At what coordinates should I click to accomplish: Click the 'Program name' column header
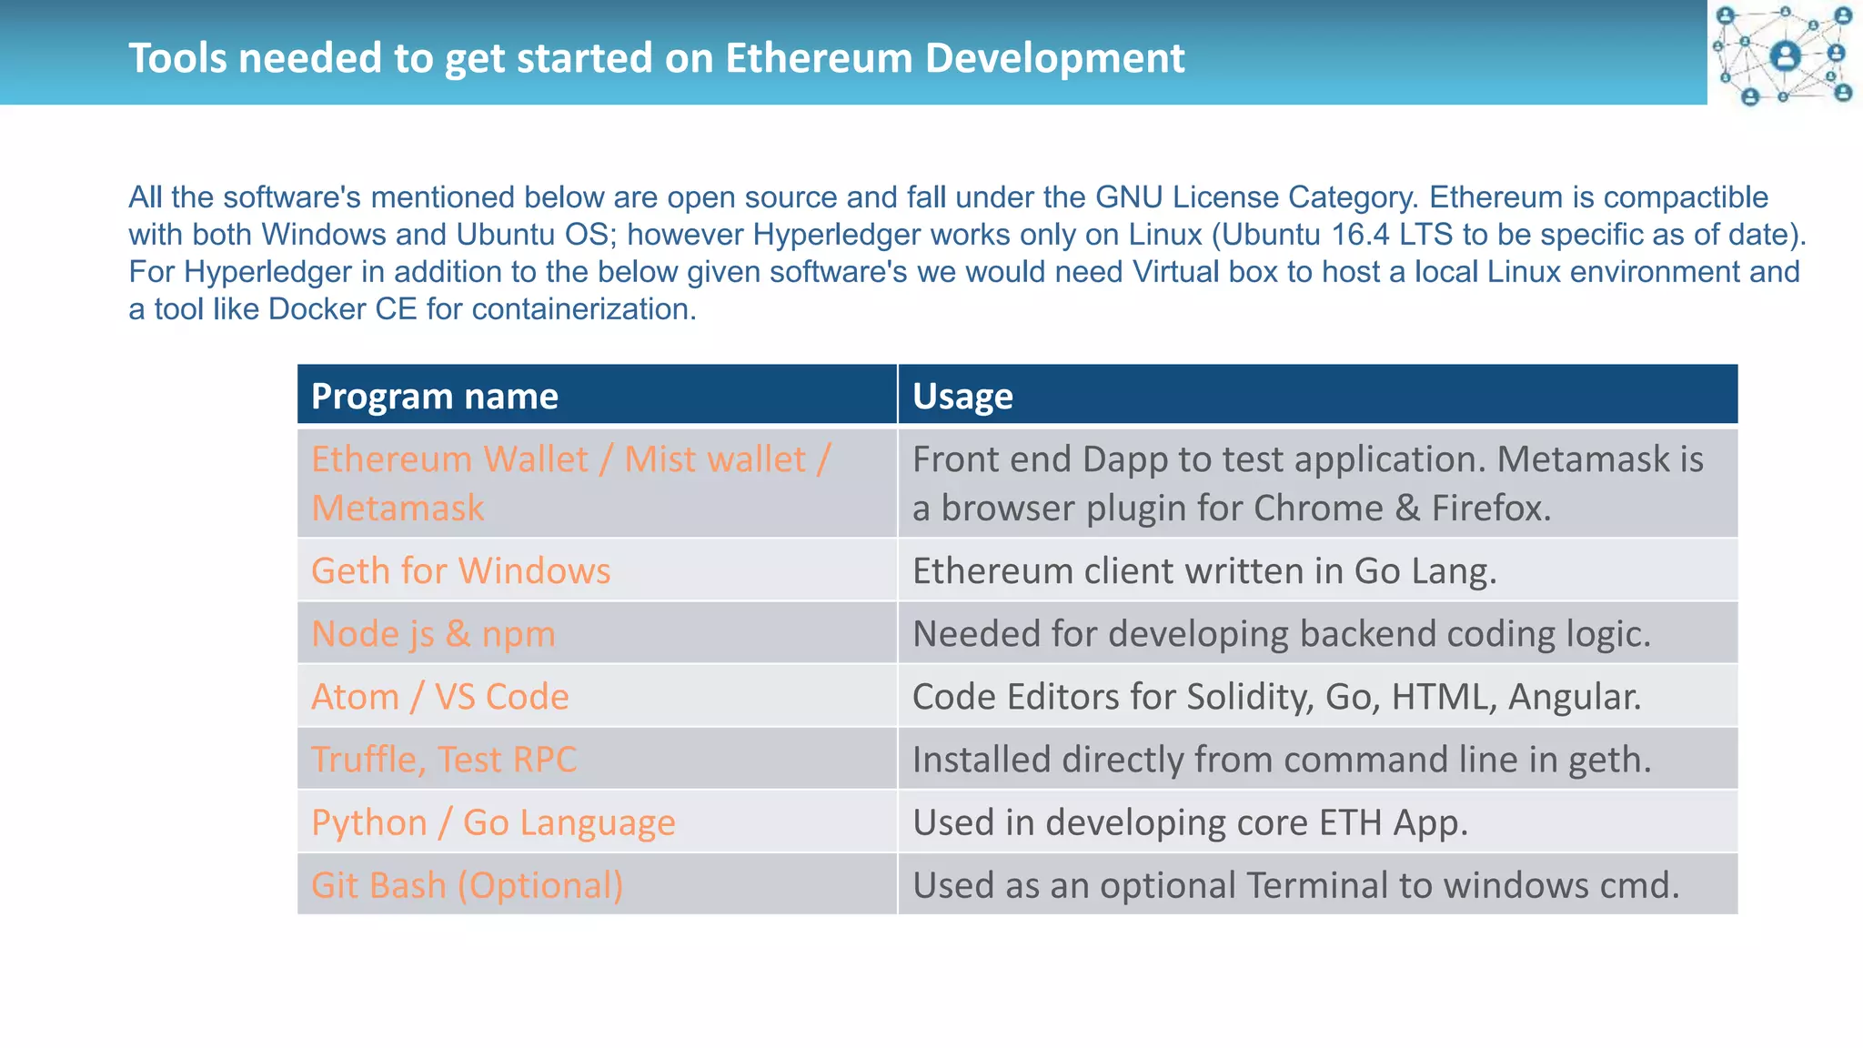[434, 397]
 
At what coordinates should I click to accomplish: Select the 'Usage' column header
[962, 397]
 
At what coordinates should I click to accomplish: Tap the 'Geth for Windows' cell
[460, 571]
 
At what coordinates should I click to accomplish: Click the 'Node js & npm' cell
[433, 634]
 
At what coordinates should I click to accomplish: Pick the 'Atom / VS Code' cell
[439, 697]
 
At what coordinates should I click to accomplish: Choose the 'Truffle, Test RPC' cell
[444, 760]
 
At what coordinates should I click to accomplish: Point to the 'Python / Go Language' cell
[493, 822]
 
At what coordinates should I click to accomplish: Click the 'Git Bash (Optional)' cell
[467, 885]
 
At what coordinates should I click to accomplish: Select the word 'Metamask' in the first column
[398, 509]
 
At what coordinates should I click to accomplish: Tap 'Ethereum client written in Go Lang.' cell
[1203, 571]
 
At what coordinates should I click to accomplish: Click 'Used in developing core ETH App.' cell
[1190, 822]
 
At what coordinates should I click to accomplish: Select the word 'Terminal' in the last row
[1317, 885]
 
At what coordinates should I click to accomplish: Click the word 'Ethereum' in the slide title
[819, 58]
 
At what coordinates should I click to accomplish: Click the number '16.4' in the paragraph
[1360, 235]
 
